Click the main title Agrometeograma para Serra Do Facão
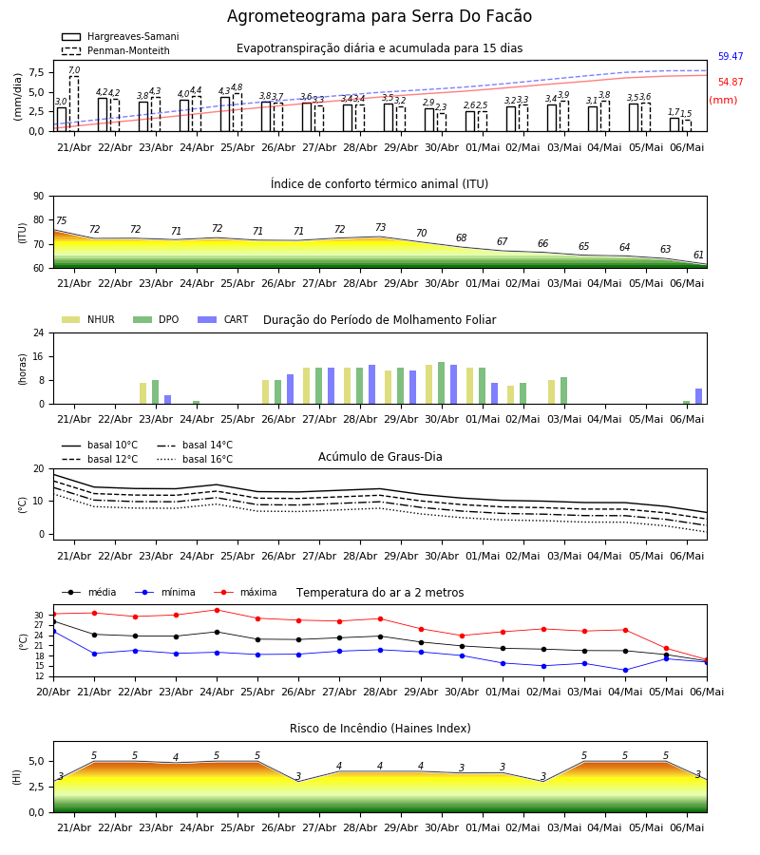[x=379, y=16]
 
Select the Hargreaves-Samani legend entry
[x=121, y=36]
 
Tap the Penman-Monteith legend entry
[x=116, y=50]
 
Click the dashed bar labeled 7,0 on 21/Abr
[x=74, y=104]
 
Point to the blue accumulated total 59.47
[x=731, y=56]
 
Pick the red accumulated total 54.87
[x=731, y=82]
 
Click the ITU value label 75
[x=61, y=220]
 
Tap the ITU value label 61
[x=698, y=255]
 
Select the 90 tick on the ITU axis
[x=39, y=197]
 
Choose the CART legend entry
[x=223, y=319]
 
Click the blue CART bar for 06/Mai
[x=699, y=396]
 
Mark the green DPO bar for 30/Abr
[x=442, y=384]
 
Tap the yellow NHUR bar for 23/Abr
[x=142, y=393]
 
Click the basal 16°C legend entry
[x=195, y=459]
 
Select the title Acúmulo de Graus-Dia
[x=380, y=456]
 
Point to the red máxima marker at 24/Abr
[x=217, y=610]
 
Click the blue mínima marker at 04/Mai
[x=625, y=670]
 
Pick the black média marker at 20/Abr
[x=54, y=621]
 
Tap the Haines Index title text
[x=380, y=729]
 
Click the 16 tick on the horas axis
[x=39, y=356]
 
